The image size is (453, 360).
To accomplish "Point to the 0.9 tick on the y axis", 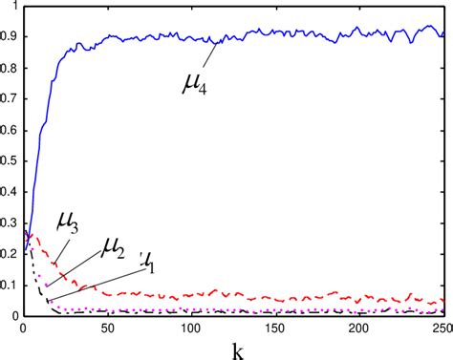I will (10, 36).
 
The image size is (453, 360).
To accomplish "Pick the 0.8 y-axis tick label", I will (10, 68).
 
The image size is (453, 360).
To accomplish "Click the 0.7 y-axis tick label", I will (10, 98).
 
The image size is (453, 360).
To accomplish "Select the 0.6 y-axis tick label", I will (10, 130).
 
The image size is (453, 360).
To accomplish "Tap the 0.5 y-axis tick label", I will (10, 160).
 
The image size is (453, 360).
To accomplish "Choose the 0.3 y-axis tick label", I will (10, 222).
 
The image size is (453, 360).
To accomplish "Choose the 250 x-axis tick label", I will (441, 327).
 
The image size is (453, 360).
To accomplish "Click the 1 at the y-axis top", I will (14, 7).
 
